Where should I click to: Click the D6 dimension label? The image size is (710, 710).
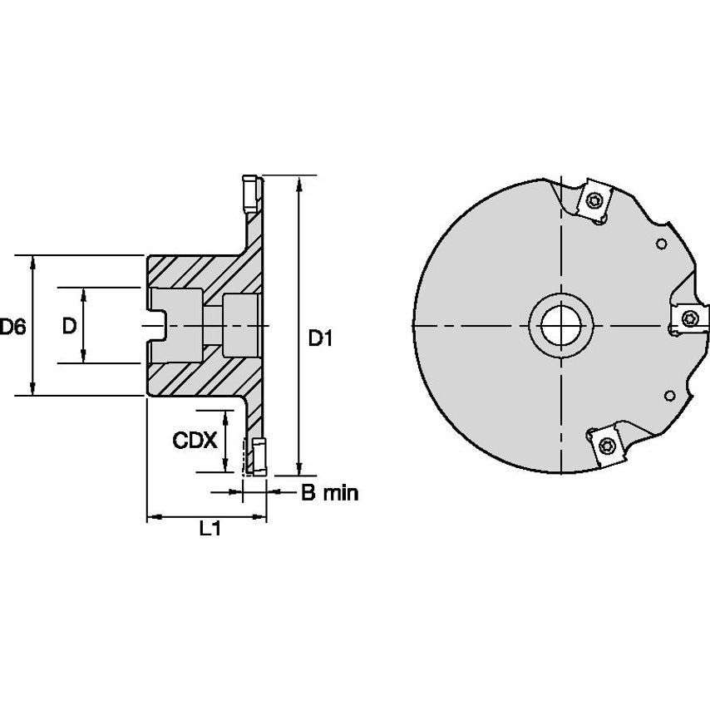(x=12, y=327)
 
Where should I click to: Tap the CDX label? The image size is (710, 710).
(x=194, y=441)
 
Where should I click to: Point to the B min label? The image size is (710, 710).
(x=328, y=493)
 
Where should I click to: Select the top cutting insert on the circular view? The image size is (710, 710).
(x=596, y=200)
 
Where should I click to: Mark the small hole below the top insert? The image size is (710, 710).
(x=662, y=244)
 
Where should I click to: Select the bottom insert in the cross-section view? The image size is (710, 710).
(x=256, y=456)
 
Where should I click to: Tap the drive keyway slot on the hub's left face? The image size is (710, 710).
(x=156, y=325)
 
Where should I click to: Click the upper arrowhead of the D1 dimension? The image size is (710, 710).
(x=298, y=182)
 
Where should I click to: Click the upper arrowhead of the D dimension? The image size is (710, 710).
(x=85, y=293)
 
